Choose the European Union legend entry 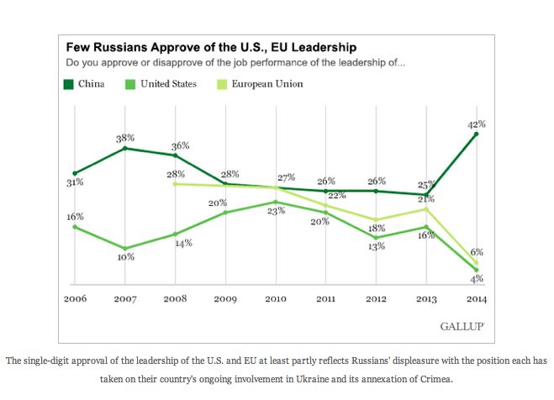click(266, 84)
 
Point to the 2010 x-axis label click(276, 297)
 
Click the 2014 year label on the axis click(477, 297)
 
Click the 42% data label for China click(477, 124)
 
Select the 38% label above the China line click(126, 137)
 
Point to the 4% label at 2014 click(477, 279)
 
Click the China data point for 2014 click(477, 134)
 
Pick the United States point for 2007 click(124, 248)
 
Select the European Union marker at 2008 click(175, 183)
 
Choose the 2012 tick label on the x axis click(377, 297)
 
